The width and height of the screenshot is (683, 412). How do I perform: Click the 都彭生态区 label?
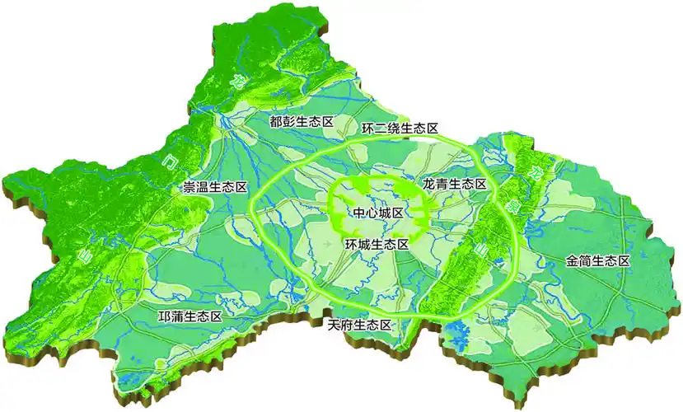coord(302,122)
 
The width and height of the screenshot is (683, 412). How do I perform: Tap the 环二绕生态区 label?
coord(400,129)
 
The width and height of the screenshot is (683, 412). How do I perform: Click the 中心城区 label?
coord(377,213)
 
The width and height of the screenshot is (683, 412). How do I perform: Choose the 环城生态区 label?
coord(377,245)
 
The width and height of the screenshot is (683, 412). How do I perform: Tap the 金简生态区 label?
coord(597,261)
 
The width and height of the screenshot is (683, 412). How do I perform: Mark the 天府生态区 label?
coord(358,325)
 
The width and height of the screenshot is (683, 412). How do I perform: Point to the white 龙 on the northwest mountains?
coord(237,81)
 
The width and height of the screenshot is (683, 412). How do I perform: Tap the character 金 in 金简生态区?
coord(572,261)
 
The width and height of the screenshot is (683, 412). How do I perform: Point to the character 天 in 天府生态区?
coord(333,325)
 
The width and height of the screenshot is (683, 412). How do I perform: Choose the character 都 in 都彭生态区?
coord(276,122)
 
